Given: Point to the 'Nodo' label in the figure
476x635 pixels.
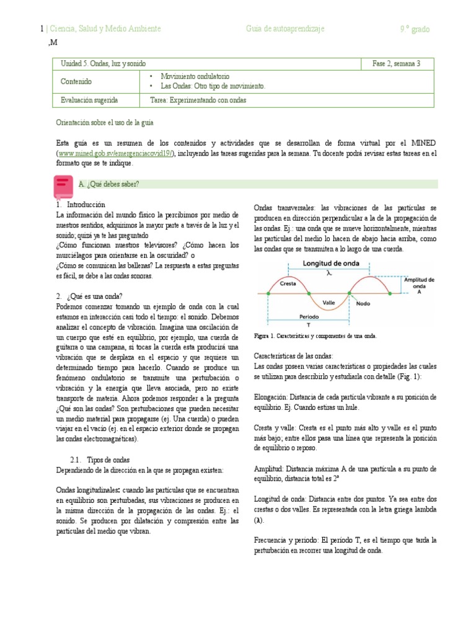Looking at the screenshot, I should (364, 304).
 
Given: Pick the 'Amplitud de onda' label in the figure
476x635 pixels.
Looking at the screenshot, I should (419, 285).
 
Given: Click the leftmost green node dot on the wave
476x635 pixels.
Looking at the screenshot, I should (268, 293).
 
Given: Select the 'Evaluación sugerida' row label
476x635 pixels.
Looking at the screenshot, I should (89, 100).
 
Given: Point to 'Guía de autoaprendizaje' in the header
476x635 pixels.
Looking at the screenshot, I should (284, 29).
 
